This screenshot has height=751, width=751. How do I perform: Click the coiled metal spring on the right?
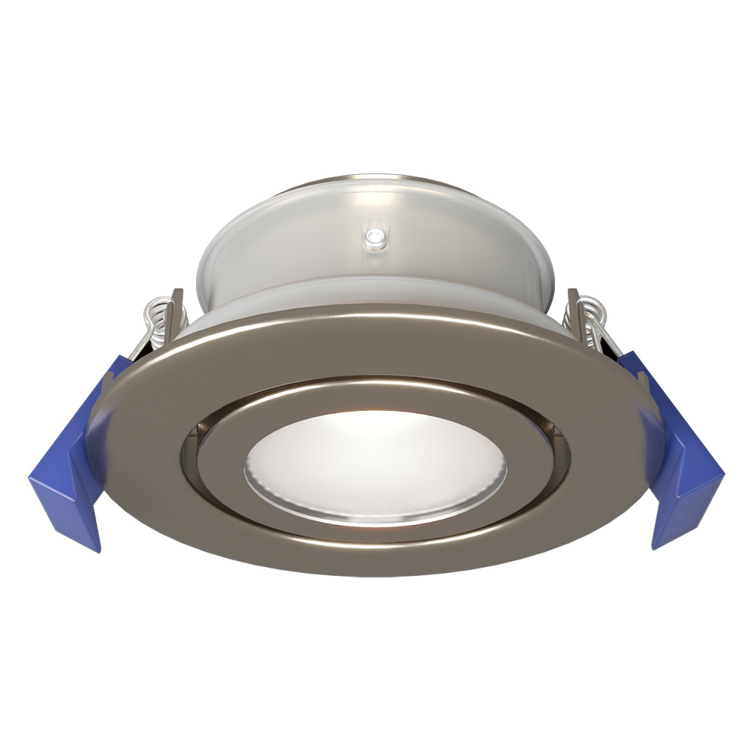[x=593, y=315]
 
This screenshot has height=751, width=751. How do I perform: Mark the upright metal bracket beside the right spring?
[x=575, y=304]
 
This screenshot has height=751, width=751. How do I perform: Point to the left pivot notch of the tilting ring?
[x=197, y=436]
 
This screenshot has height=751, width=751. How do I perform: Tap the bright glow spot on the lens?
[x=360, y=443]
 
